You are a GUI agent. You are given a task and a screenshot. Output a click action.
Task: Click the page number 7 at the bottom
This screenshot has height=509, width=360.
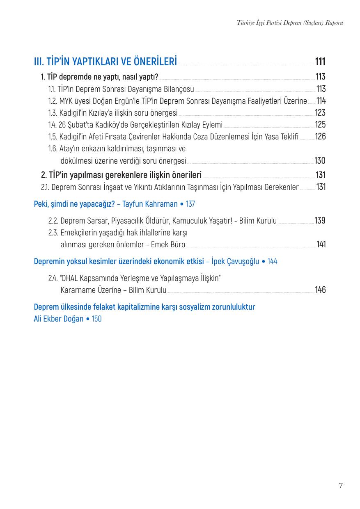pyautogui.click(x=340, y=486)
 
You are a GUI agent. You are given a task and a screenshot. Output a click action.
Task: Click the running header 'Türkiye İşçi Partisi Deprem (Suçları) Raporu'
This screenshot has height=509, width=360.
pyautogui.click(x=290, y=23)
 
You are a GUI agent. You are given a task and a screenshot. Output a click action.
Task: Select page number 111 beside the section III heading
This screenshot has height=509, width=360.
pyautogui.click(x=320, y=62)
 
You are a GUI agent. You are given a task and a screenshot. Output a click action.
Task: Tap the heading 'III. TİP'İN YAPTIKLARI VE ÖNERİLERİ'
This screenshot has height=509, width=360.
pyautogui.click(x=105, y=62)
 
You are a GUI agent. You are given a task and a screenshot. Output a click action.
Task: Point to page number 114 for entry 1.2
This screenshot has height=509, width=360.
pyautogui.click(x=321, y=101)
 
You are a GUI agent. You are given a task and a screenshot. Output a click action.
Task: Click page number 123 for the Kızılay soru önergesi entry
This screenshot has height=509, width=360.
pyautogui.click(x=320, y=113)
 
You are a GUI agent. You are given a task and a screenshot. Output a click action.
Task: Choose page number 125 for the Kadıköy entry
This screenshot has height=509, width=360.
pyautogui.click(x=320, y=125)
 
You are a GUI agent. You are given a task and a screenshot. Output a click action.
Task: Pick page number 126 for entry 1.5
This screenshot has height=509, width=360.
pyautogui.click(x=320, y=137)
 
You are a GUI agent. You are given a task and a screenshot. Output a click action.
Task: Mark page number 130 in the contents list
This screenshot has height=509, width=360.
pyautogui.click(x=320, y=161)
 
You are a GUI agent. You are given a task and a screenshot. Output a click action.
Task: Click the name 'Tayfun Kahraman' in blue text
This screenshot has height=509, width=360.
pyautogui.click(x=150, y=204)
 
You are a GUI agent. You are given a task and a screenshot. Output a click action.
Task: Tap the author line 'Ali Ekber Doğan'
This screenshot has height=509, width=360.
pyautogui.click(x=58, y=319)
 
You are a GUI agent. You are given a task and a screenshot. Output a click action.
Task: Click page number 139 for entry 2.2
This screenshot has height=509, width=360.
pyautogui.click(x=320, y=221)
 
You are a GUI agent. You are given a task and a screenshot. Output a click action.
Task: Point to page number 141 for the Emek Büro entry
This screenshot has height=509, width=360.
pyautogui.click(x=321, y=245)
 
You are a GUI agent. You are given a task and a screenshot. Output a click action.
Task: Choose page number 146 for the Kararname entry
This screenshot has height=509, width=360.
pyautogui.click(x=320, y=290)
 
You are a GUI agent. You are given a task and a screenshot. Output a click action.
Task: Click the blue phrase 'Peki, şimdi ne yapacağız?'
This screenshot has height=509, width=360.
pyautogui.click(x=74, y=204)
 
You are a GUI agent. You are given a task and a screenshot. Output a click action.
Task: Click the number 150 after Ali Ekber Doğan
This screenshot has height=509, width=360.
pyautogui.click(x=96, y=319)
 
